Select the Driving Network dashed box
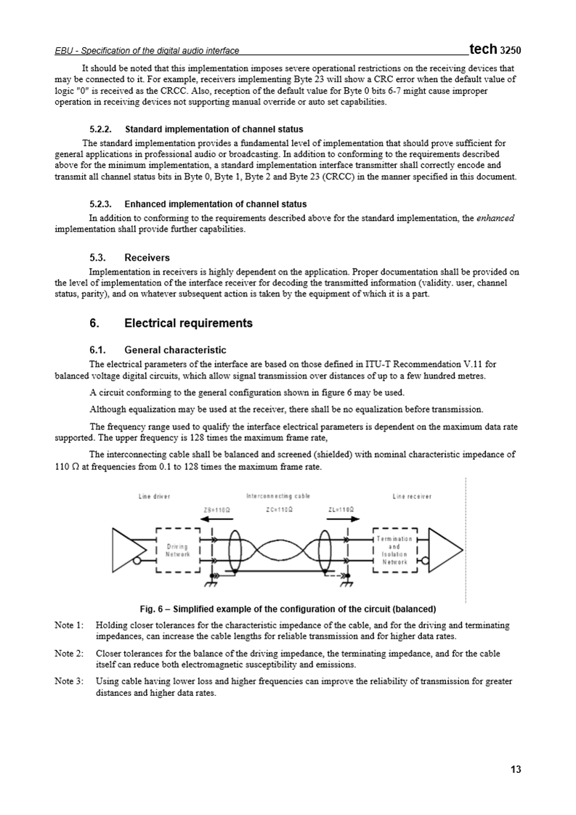(x=178, y=550)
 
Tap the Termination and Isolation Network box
(x=394, y=550)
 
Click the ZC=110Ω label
(x=280, y=509)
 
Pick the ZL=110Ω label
(x=341, y=509)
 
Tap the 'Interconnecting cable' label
(x=279, y=496)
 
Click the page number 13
(x=516, y=769)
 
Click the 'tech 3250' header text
(x=495, y=49)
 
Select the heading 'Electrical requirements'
(x=189, y=323)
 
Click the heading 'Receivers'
(x=147, y=257)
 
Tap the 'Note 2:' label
(x=69, y=653)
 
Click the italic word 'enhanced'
(x=495, y=218)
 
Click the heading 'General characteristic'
(x=175, y=349)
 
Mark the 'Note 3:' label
(x=69, y=681)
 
